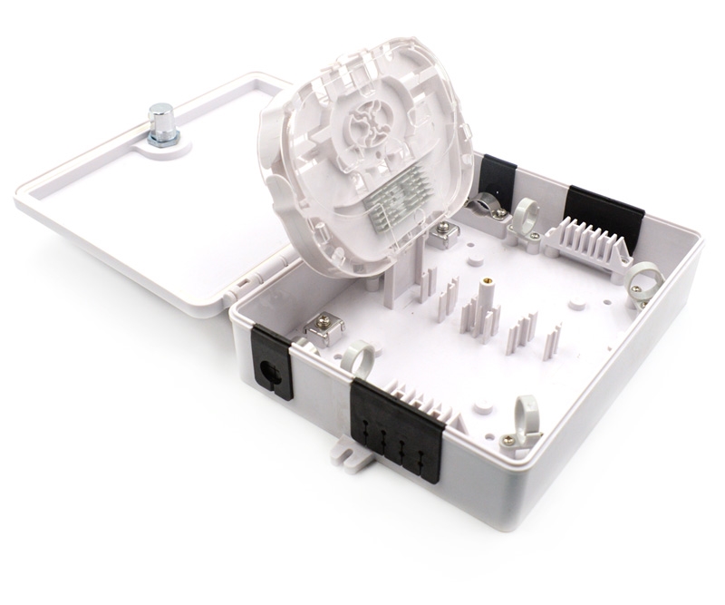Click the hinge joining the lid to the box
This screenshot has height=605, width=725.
(244, 285)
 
